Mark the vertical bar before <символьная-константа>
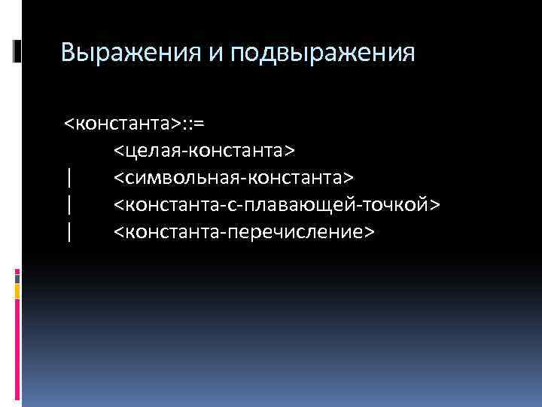69,178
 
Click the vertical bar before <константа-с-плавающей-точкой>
69,205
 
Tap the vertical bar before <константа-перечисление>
69,232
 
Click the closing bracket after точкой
436,205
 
